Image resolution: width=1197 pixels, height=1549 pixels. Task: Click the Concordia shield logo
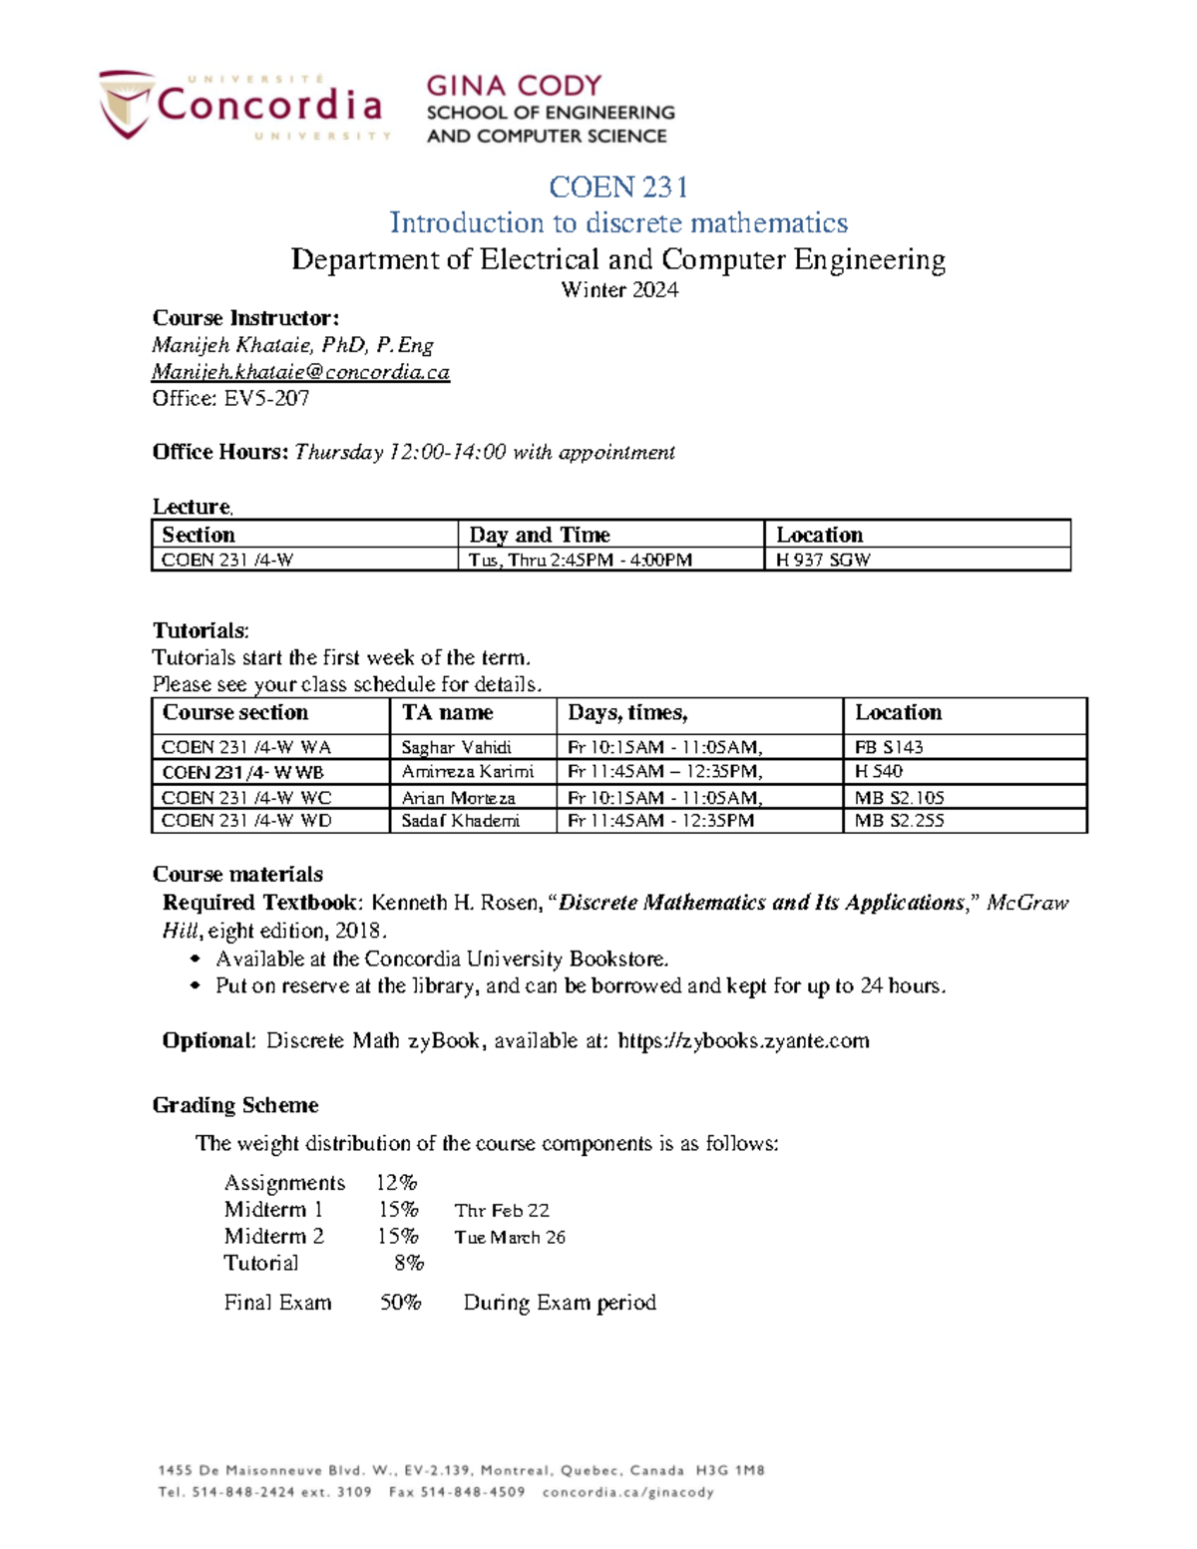(x=126, y=104)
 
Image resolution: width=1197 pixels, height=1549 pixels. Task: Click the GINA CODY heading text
(x=514, y=86)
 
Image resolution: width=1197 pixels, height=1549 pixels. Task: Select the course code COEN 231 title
(x=617, y=187)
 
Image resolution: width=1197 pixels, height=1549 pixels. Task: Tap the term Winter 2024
(x=619, y=290)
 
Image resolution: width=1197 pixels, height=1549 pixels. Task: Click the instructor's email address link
(x=300, y=372)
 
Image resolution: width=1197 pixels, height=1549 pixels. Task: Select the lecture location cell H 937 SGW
(x=823, y=560)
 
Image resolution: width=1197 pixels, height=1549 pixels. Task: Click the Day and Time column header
(x=540, y=535)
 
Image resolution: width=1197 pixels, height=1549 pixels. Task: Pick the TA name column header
(x=447, y=712)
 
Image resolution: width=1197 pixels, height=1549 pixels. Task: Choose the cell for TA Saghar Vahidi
(x=456, y=747)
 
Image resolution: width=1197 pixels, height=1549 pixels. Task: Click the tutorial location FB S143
(x=889, y=747)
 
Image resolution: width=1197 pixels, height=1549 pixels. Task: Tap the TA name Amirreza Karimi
(x=467, y=772)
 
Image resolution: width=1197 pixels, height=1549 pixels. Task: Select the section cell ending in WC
(x=246, y=798)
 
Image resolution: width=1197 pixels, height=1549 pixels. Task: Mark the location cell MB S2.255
(x=899, y=821)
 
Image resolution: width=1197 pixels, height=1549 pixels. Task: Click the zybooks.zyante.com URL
(x=743, y=1041)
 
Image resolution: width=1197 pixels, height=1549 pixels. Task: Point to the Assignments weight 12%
(x=396, y=1183)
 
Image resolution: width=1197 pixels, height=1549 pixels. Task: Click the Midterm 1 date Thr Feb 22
(x=502, y=1211)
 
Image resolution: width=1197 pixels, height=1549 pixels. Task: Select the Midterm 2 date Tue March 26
(x=510, y=1238)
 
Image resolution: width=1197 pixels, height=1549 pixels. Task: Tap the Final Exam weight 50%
(x=400, y=1303)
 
